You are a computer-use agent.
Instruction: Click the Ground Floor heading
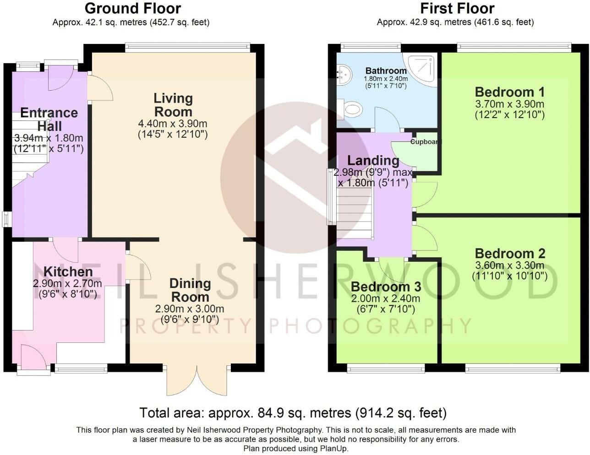[x=133, y=8]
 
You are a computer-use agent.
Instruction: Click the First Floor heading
[x=457, y=8]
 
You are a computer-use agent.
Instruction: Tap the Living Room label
[x=173, y=105]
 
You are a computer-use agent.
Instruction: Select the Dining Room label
[x=190, y=290]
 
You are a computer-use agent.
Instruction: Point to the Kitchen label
[x=68, y=271]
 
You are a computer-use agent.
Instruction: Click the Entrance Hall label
[x=49, y=119]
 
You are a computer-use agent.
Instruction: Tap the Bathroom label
[x=386, y=70]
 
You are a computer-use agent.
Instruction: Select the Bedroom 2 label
[x=510, y=253]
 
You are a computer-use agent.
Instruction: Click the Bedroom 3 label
[x=386, y=287]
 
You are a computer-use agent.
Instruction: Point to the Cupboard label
[x=425, y=142]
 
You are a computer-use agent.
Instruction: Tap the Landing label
[x=373, y=160]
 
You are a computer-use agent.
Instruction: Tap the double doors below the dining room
[x=197, y=380]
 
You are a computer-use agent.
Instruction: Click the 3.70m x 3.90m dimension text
[x=510, y=104]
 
